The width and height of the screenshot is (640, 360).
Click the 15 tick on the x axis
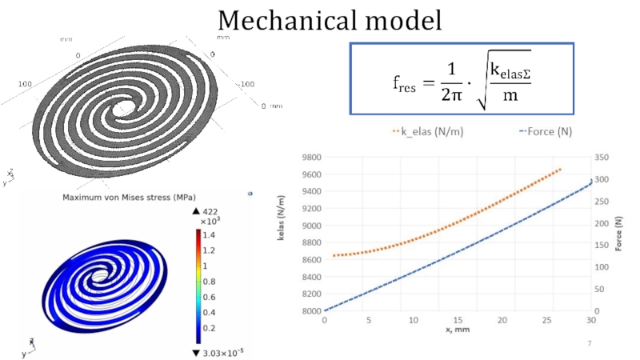click(x=458, y=320)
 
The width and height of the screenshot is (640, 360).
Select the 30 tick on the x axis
click(x=591, y=320)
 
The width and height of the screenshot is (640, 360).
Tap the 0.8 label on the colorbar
click(x=210, y=281)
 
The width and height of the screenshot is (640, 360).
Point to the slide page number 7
click(x=589, y=343)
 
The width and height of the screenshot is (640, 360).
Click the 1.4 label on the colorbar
click(x=210, y=235)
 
